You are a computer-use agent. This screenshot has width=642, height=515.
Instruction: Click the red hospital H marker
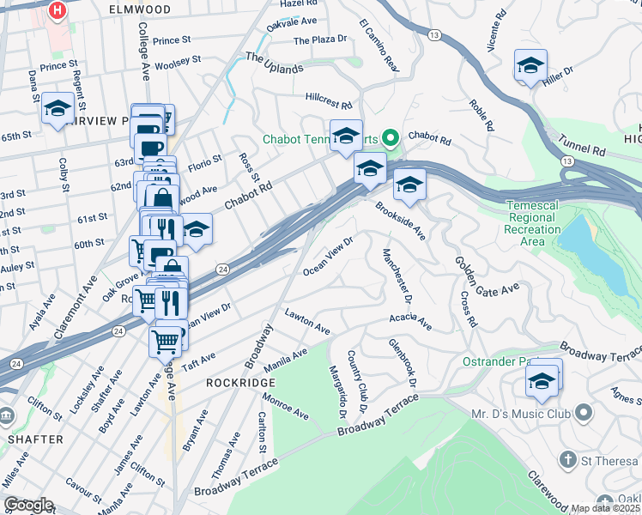point(58,11)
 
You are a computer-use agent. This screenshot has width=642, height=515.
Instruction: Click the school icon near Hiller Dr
point(531,66)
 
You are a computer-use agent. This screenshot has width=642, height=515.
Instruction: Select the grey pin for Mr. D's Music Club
point(584,414)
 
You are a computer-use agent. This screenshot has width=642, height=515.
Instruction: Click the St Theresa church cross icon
point(567,461)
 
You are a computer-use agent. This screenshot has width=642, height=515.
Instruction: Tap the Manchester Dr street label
point(397,275)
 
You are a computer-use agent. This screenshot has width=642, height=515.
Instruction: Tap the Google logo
point(28,504)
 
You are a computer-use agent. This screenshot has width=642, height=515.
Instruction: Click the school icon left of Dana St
point(58,109)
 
